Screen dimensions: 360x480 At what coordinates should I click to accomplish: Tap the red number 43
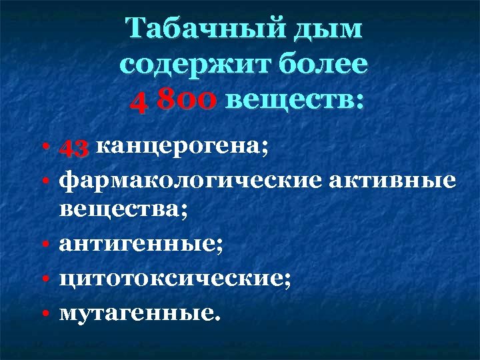tap(74, 149)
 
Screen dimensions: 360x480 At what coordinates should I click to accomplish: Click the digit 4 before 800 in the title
tap(136, 101)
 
